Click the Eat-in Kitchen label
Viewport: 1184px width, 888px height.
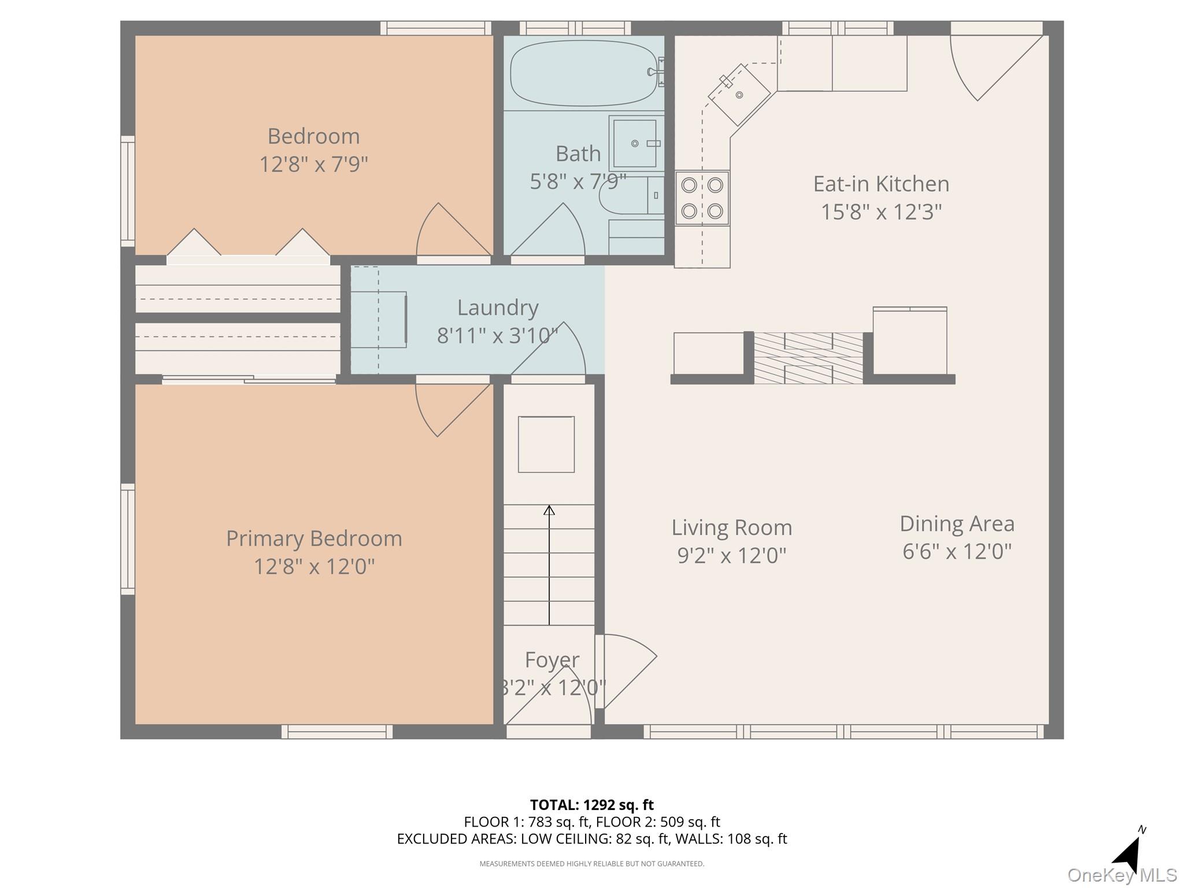[x=880, y=184]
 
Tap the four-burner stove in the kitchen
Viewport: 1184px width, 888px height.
[x=702, y=198]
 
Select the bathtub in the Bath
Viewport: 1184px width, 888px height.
[x=584, y=73]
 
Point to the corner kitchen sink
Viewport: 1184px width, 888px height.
[x=739, y=94]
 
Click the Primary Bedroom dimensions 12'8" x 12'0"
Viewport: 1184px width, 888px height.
[x=314, y=566]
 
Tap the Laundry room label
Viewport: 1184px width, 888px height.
[x=497, y=308]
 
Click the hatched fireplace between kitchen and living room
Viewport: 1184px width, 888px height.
[x=808, y=358]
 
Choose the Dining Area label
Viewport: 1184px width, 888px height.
[x=957, y=524]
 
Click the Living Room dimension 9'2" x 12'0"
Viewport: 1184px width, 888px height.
[x=731, y=556]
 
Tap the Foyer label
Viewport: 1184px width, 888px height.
[x=552, y=660]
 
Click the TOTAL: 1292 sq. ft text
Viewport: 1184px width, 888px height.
[x=591, y=805]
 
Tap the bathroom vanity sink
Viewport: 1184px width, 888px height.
[x=635, y=143]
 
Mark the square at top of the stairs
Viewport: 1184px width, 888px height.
[x=546, y=444]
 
